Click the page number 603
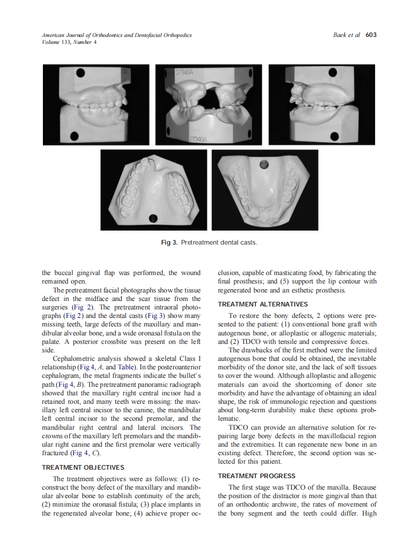(x=371, y=35)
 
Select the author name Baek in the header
(x=341, y=35)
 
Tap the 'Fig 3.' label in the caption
(x=169, y=242)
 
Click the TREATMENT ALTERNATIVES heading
(x=263, y=304)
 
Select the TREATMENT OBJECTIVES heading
(x=83, y=467)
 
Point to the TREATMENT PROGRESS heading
(x=256, y=476)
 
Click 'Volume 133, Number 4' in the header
(x=69, y=42)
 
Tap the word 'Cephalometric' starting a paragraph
(x=74, y=358)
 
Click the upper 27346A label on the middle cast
(x=185, y=72)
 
